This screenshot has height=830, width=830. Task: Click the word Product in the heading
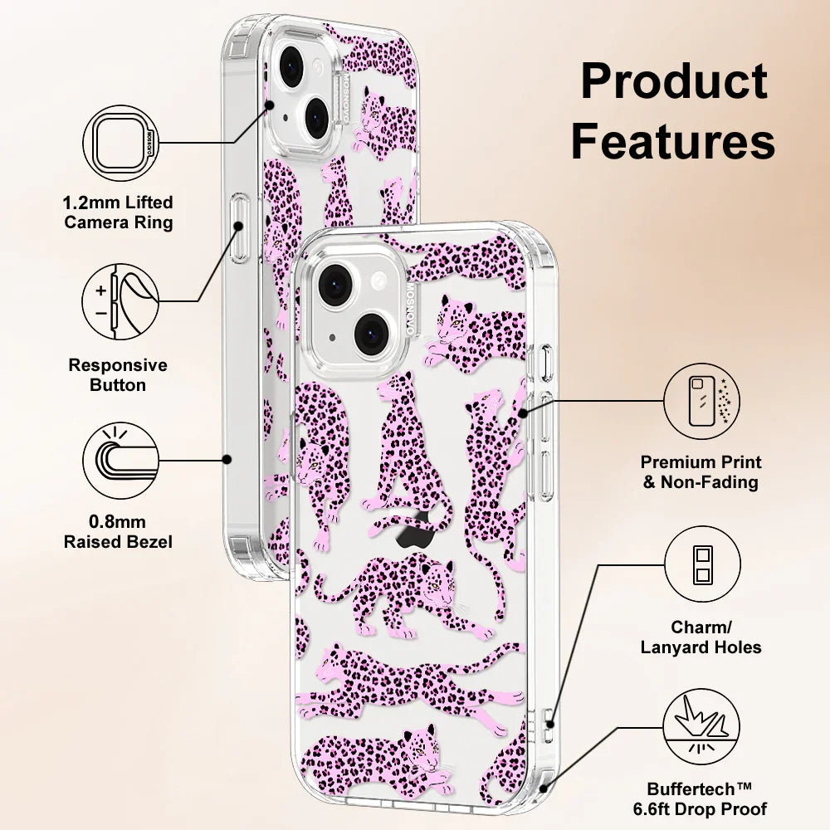coord(674,82)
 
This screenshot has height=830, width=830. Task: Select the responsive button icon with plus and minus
coord(122,301)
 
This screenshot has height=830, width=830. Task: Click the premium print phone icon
coord(701,400)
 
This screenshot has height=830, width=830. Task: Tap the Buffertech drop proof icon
coord(701,729)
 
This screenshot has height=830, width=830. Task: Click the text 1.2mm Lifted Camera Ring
coord(119,212)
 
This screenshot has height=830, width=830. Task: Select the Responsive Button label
coord(118,374)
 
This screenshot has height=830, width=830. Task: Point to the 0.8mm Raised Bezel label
coord(118,532)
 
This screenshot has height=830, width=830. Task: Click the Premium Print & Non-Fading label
coord(701,471)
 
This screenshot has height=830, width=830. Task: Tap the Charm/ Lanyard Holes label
coord(701,637)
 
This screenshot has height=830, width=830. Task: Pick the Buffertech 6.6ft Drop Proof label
coord(707,798)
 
